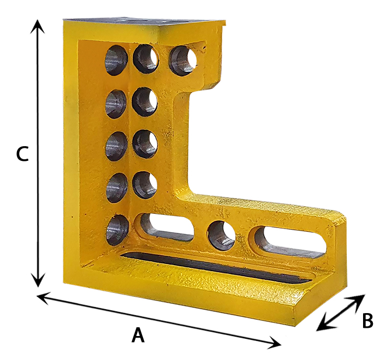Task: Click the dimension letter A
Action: coord(138,335)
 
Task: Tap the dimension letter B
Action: coord(367,321)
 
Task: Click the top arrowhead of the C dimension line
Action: coord(37,26)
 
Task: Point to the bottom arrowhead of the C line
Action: coord(38,280)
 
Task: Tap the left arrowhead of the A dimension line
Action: coord(44,297)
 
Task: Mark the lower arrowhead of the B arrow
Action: coord(323,324)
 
